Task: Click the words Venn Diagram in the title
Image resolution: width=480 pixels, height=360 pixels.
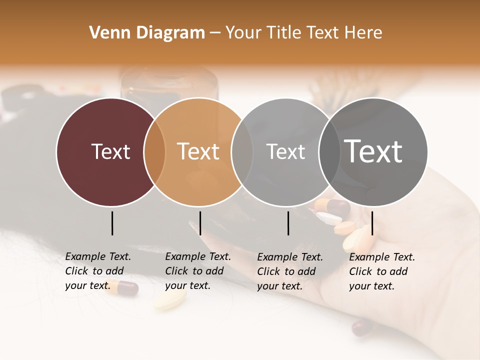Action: (x=147, y=33)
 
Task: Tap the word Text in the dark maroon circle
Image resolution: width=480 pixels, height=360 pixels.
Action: (x=110, y=151)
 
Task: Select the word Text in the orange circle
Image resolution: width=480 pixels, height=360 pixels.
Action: (x=198, y=151)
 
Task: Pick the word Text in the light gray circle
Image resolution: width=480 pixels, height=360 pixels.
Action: (x=285, y=151)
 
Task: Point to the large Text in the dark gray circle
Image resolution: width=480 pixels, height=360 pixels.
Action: (x=373, y=151)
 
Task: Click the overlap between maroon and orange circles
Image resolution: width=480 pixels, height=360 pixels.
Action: (x=154, y=152)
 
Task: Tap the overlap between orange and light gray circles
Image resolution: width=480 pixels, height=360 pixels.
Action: (x=242, y=152)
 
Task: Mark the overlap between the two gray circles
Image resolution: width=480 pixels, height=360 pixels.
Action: (x=327, y=152)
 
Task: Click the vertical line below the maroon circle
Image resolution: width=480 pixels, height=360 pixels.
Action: (x=112, y=223)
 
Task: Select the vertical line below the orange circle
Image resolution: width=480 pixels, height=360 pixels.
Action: (x=200, y=223)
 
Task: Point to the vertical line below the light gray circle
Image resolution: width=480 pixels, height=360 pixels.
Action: (x=288, y=223)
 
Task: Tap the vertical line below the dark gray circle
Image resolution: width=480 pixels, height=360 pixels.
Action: (x=372, y=223)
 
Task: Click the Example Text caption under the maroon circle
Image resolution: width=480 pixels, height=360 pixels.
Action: (x=98, y=271)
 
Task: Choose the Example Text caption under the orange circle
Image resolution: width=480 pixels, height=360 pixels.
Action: (x=198, y=271)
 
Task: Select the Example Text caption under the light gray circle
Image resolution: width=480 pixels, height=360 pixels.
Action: (x=290, y=271)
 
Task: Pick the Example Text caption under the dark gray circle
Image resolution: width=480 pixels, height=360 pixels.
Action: (x=382, y=271)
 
